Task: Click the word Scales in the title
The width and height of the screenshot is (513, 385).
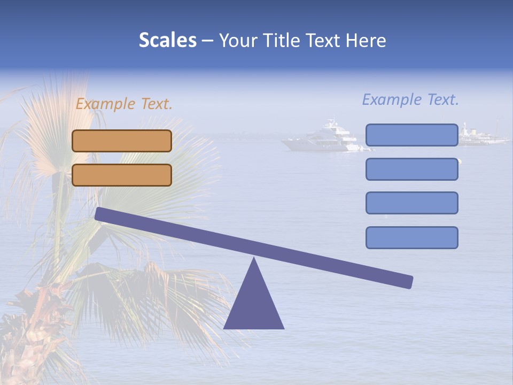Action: [167, 41]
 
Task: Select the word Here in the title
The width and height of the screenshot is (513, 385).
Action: [366, 41]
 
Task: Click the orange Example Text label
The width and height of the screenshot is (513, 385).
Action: [124, 104]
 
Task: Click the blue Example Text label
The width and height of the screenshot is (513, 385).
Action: [410, 99]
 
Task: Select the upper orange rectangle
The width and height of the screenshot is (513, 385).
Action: [122, 141]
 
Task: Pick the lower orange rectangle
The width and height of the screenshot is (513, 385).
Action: [122, 175]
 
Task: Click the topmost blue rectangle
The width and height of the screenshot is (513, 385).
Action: [411, 135]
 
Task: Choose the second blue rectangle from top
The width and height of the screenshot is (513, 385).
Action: [411, 169]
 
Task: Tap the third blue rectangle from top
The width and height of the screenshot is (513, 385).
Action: [411, 203]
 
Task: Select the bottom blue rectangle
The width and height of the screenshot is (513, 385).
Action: [411, 237]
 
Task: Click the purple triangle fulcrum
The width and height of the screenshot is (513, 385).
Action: [254, 305]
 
